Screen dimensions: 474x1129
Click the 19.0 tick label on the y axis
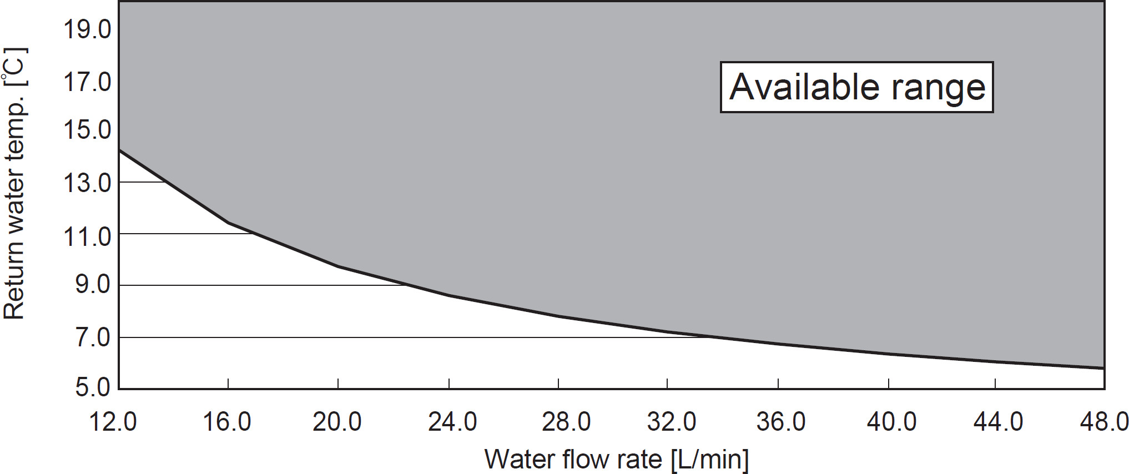(x=87, y=29)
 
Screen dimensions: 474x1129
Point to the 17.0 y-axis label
(x=87, y=83)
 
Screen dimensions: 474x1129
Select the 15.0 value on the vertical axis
(x=87, y=130)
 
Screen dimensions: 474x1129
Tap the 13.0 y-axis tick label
(x=87, y=183)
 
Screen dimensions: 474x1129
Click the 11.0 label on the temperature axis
(x=87, y=237)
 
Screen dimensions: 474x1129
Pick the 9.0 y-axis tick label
(x=93, y=285)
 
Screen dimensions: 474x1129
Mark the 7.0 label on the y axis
(x=93, y=337)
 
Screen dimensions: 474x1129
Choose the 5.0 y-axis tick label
(x=93, y=387)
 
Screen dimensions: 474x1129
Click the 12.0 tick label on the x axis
(x=113, y=422)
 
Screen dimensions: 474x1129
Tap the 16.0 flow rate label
(x=227, y=422)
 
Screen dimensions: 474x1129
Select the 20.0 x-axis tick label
(x=337, y=422)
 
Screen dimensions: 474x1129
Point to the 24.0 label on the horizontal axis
(x=452, y=422)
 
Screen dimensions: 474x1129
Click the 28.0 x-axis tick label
(x=566, y=422)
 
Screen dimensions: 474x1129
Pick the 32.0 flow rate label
(x=672, y=422)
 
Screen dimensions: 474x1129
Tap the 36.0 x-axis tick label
(x=781, y=422)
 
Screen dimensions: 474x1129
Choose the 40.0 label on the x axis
(x=891, y=422)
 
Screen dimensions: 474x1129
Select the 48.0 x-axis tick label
(x=1104, y=422)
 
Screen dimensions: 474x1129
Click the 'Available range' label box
(x=856, y=87)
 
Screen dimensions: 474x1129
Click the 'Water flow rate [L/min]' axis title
(x=616, y=460)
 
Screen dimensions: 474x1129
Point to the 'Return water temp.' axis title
(x=15, y=183)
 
